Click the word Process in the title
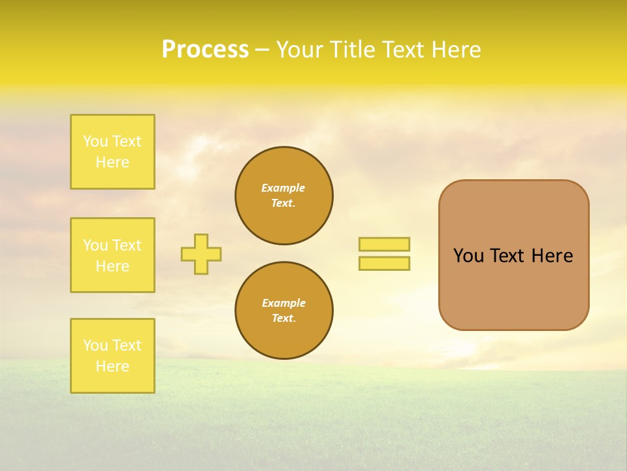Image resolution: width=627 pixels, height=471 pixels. [x=205, y=50]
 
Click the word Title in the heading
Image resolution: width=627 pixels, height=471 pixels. [x=353, y=50]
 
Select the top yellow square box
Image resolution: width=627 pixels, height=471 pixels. [x=112, y=152]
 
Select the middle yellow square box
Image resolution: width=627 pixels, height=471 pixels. [x=112, y=255]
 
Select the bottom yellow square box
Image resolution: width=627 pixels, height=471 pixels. [x=112, y=356]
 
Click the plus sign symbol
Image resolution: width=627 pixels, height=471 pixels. [x=201, y=254]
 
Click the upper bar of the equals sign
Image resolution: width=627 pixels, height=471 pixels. [x=384, y=244]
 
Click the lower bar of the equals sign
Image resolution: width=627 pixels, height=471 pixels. [x=384, y=263]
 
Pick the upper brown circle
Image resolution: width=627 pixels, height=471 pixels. [x=283, y=196]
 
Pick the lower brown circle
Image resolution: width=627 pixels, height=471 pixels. [x=283, y=310]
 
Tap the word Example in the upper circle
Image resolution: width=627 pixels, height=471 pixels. [x=283, y=188]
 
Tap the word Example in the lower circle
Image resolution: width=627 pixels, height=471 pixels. [x=283, y=303]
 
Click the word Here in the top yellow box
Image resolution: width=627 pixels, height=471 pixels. [x=112, y=162]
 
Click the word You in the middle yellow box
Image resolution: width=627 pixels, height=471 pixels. [x=95, y=245]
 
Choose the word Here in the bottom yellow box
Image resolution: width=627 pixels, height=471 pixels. [x=112, y=366]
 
